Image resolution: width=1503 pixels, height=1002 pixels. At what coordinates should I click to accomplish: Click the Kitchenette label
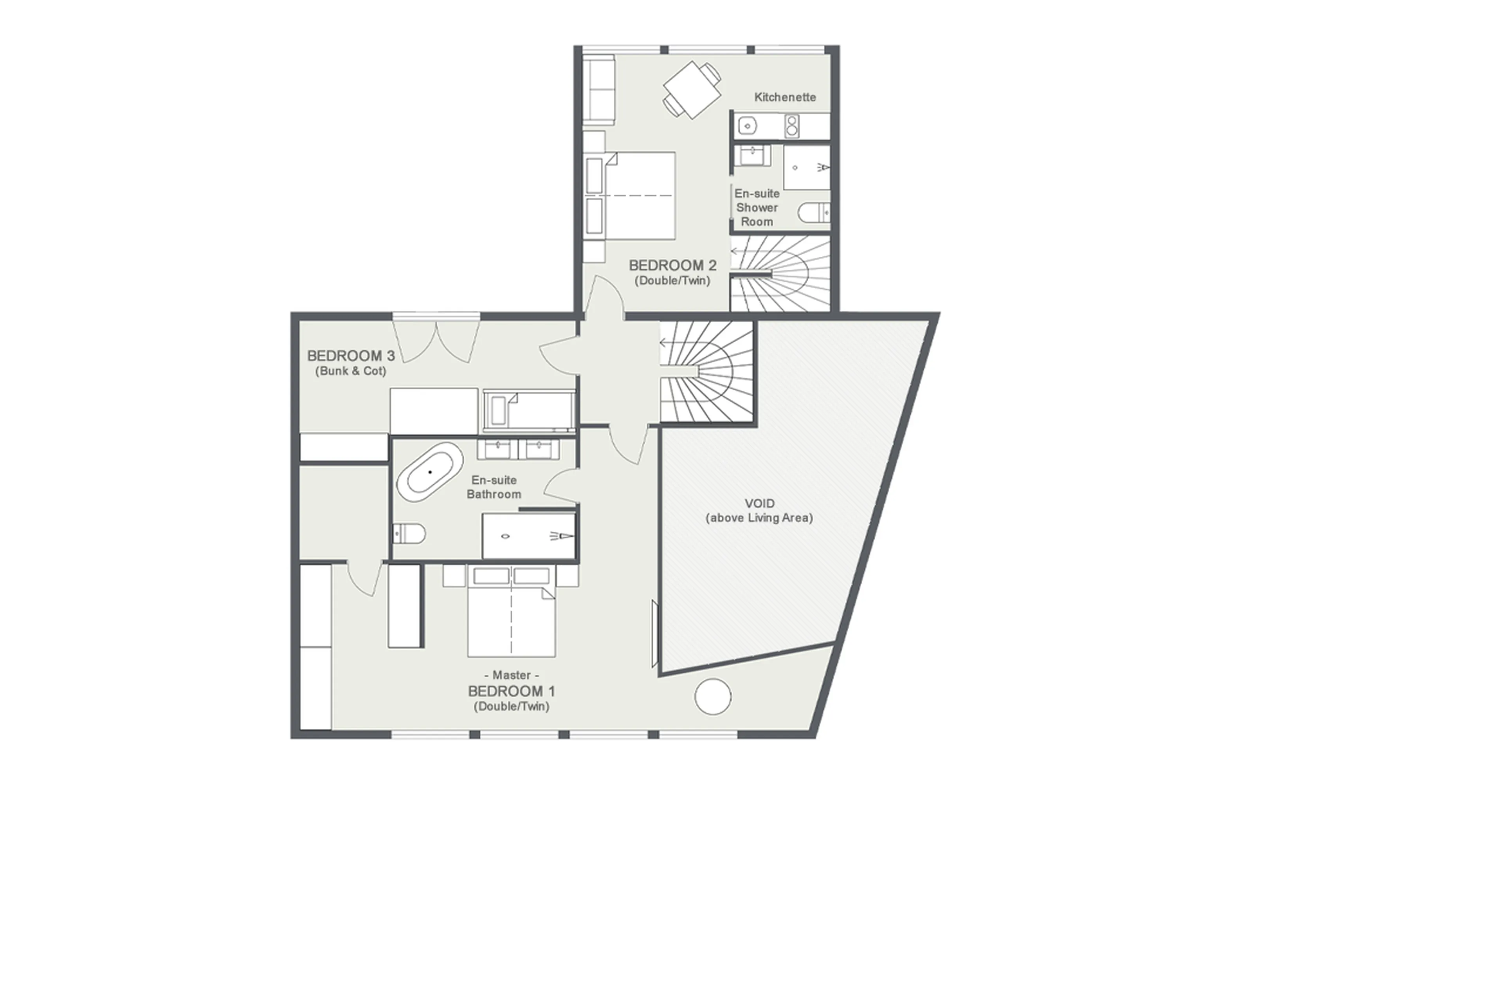[x=784, y=97]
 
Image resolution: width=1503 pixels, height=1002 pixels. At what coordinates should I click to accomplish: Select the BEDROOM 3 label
[x=351, y=356]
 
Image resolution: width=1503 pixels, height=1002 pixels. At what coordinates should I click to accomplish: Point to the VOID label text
[x=759, y=504]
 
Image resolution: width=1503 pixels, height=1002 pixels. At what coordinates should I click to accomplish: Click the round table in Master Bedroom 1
[x=712, y=697]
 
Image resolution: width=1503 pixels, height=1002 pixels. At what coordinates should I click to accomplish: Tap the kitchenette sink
[x=747, y=126]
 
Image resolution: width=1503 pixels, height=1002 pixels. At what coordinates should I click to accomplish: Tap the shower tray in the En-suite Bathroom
[x=529, y=536]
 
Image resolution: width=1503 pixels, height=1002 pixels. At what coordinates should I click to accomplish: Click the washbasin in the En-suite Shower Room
[x=752, y=155]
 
